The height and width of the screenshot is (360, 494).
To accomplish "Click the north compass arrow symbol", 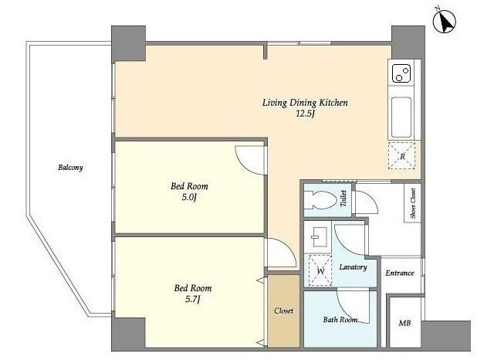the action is pyautogui.click(x=445, y=21).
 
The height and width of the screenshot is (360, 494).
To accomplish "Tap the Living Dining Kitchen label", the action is pyautogui.click(x=305, y=103).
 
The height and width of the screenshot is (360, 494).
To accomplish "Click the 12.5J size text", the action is pyautogui.click(x=306, y=114).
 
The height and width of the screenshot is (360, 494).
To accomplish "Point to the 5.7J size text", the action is pyautogui.click(x=193, y=299).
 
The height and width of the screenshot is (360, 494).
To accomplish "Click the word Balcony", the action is pyautogui.click(x=70, y=168).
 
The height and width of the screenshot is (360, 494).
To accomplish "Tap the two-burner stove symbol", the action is pyautogui.click(x=401, y=73).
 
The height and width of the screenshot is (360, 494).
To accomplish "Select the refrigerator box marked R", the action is pyautogui.click(x=401, y=156).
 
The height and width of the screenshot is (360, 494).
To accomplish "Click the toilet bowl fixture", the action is pyautogui.click(x=321, y=200).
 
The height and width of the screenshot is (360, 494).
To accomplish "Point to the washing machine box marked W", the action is pyautogui.click(x=320, y=270).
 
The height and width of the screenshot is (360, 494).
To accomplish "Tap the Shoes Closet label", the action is pyautogui.click(x=413, y=203).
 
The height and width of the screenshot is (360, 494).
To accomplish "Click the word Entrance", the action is pyautogui.click(x=400, y=273).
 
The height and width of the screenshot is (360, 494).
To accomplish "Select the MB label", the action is pyautogui.click(x=404, y=323).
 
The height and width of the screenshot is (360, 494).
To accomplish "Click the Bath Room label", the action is pyautogui.click(x=340, y=320).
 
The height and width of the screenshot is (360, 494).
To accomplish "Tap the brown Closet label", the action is pyautogui.click(x=283, y=311).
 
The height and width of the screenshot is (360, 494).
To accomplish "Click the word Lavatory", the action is pyautogui.click(x=354, y=267).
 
